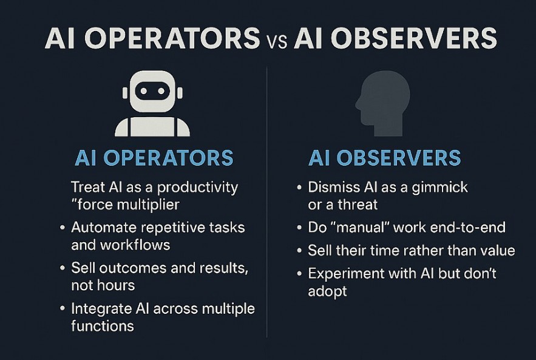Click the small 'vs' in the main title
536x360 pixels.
click(x=277, y=41)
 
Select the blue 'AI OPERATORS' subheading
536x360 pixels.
click(x=154, y=158)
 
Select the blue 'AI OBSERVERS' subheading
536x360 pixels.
click(x=385, y=158)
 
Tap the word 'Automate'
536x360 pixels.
click(x=101, y=228)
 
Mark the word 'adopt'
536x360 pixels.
click(x=327, y=291)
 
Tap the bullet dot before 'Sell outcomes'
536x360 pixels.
click(x=63, y=268)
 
